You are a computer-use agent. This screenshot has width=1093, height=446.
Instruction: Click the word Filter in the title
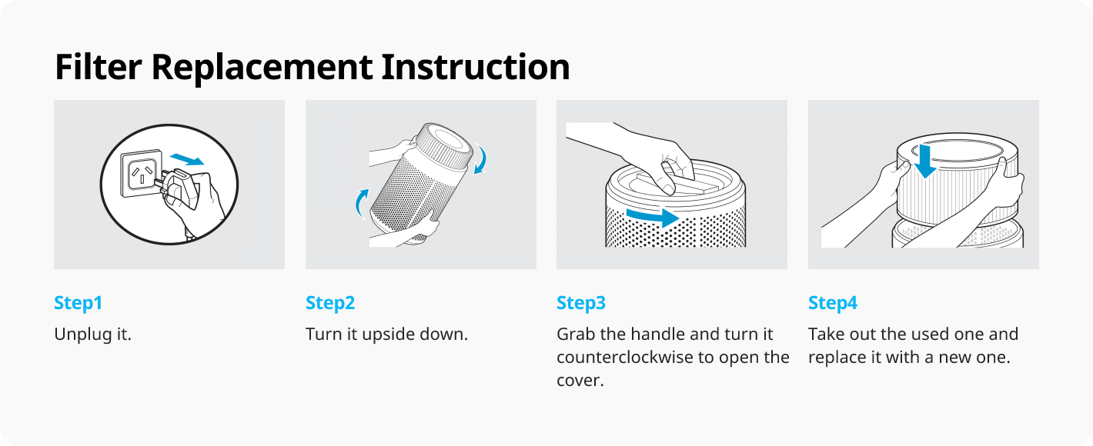point(98,67)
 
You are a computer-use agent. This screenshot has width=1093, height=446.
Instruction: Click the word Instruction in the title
point(476,67)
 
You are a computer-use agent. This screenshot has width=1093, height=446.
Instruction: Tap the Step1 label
point(78,303)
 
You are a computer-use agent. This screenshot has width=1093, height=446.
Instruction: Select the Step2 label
point(330,303)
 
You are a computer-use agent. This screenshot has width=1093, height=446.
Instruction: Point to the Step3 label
point(581,303)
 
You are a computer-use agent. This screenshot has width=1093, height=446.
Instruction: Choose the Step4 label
point(832,303)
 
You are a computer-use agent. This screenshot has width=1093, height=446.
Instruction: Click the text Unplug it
point(92,334)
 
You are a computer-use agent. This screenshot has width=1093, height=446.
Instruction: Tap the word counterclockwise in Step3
point(624,358)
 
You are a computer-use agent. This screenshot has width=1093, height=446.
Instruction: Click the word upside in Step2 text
point(394,334)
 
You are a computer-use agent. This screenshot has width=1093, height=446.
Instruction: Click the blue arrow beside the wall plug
point(187,159)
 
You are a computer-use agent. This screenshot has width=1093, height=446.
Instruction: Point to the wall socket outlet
point(142,174)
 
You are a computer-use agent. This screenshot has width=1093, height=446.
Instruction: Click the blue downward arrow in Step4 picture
point(924,161)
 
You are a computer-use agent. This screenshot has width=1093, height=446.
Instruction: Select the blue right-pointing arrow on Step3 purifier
point(653,218)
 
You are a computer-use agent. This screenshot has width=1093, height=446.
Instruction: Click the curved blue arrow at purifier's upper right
point(481,158)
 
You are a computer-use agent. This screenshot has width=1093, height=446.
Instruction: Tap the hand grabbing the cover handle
point(653,156)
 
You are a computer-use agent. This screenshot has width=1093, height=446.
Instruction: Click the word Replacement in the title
point(262,67)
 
